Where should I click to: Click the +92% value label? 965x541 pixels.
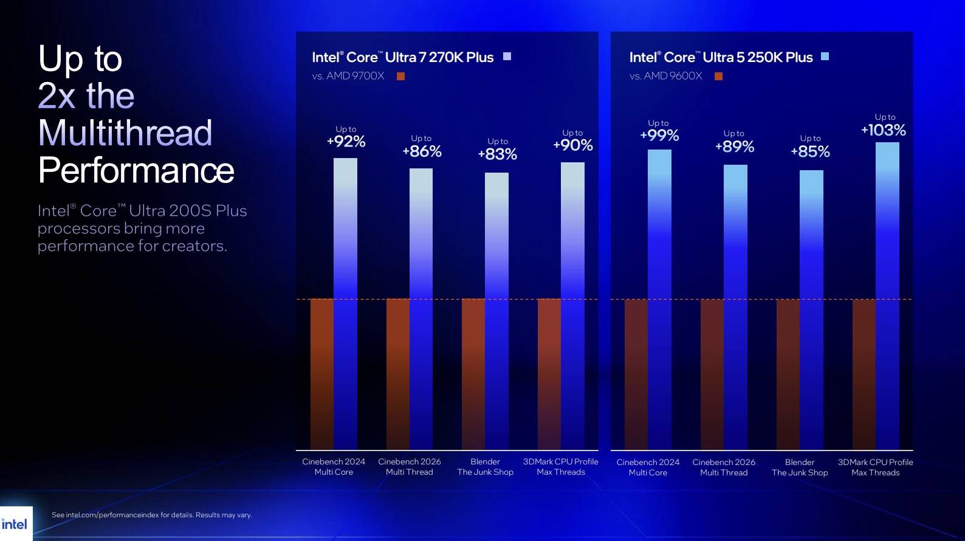pyautogui.click(x=346, y=142)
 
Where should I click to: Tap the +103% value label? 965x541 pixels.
pyautogui.click(x=884, y=130)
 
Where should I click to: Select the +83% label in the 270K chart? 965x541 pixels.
pyautogui.click(x=497, y=154)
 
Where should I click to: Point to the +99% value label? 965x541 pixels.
pyautogui.click(x=659, y=136)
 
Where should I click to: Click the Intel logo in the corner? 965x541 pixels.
pyautogui.click(x=15, y=524)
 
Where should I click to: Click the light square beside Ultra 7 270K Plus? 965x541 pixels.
pyautogui.click(x=507, y=57)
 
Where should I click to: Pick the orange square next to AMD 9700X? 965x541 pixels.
pyautogui.click(x=400, y=76)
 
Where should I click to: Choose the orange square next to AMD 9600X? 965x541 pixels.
pyautogui.click(x=718, y=76)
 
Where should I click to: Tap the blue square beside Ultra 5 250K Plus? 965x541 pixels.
pyautogui.click(x=825, y=57)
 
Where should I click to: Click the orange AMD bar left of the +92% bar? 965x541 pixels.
pyautogui.click(x=322, y=374)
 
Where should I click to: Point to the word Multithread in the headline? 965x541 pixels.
pyautogui.click(x=125, y=133)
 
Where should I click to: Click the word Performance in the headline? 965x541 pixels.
pyautogui.click(x=136, y=170)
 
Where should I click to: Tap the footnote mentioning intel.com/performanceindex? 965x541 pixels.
pyautogui.click(x=152, y=515)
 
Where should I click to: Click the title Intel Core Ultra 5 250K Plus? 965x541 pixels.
pyautogui.click(x=721, y=57)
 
